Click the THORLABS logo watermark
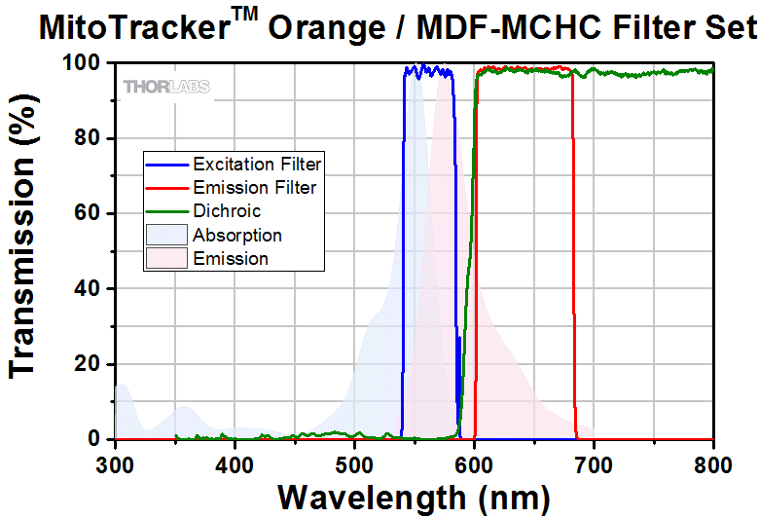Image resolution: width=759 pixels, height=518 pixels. [x=165, y=87]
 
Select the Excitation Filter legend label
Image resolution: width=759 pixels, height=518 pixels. [x=257, y=164]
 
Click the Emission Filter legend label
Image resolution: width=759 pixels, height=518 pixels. [x=254, y=187]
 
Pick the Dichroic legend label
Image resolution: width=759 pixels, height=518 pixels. [x=227, y=210]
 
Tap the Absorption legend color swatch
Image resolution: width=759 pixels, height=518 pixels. [x=165, y=235]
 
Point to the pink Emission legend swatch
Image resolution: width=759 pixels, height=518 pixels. [x=165, y=258]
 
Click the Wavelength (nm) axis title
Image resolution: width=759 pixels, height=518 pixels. [x=415, y=497]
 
